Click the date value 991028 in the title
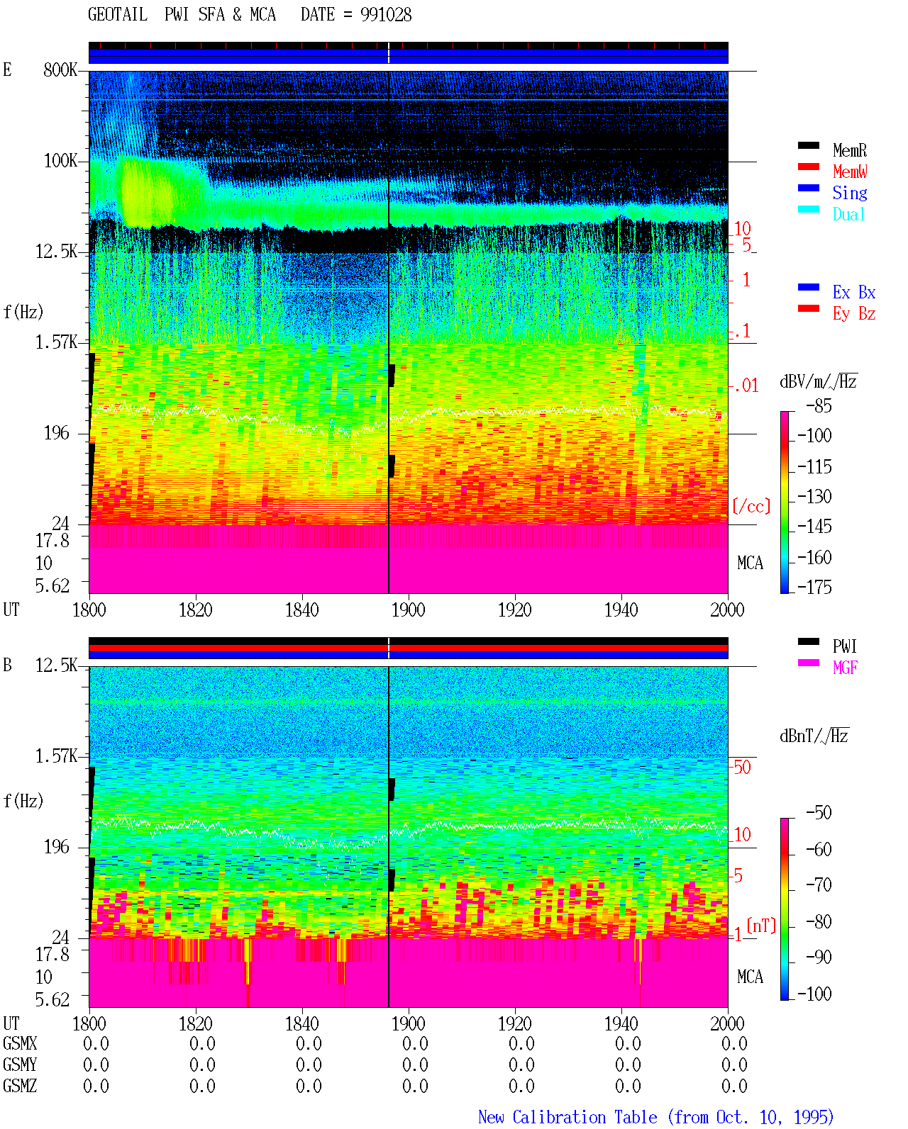(x=385, y=15)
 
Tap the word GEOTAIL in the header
(x=118, y=15)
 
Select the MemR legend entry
(x=849, y=150)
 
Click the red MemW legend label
(x=849, y=172)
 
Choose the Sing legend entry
(x=849, y=193)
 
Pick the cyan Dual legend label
(x=848, y=214)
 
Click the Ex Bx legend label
(x=854, y=292)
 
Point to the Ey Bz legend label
(x=854, y=314)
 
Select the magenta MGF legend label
(x=845, y=668)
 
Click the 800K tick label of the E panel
(x=60, y=69)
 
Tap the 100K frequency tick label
(x=60, y=161)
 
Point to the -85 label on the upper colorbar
(x=819, y=405)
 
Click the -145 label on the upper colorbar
(x=814, y=526)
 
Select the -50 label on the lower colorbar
(x=819, y=813)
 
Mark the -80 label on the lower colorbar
(x=819, y=921)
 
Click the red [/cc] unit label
(x=751, y=506)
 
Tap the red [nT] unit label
(x=761, y=926)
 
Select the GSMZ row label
(x=20, y=1086)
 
